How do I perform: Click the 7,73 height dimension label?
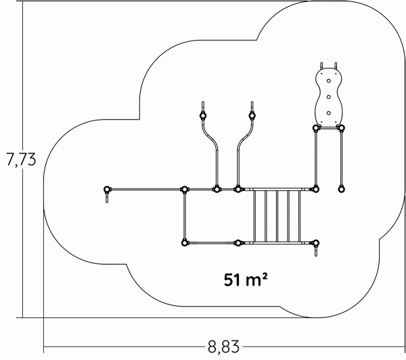pyautogui.click(x=21, y=159)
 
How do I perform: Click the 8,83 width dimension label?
pyautogui.click(x=223, y=346)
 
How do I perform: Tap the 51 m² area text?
pyautogui.click(x=245, y=279)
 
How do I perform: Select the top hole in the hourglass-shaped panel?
pyautogui.click(x=329, y=81)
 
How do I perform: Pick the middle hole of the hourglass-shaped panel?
pyautogui.click(x=329, y=97)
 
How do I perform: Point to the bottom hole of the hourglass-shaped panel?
pyautogui.click(x=329, y=113)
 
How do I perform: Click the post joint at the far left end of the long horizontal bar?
pyautogui.click(x=107, y=189)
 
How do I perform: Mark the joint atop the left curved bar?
pyautogui.click(x=203, y=116)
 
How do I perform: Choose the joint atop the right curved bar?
pyautogui.click(x=252, y=116)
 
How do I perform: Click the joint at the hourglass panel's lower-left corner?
pyautogui.click(x=315, y=128)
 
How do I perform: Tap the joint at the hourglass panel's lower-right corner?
pyautogui.click(x=341, y=128)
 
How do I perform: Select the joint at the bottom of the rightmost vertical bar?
pyautogui.click(x=341, y=189)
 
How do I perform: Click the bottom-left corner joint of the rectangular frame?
pyautogui.click(x=185, y=243)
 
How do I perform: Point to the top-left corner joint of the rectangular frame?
pyautogui.click(x=184, y=189)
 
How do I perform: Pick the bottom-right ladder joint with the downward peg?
pyautogui.click(x=315, y=243)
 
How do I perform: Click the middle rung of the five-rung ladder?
pyautogui.click(x=277, y=217)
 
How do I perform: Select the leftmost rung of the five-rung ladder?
pyautogui.click(x=254, y=217)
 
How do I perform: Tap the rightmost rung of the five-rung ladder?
pyautogui.click(x=300, y=217)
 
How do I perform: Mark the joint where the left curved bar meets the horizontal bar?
pyautogui.click(x=217, y=189)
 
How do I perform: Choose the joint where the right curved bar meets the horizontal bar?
pyautogui.click(x=238, y=189)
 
